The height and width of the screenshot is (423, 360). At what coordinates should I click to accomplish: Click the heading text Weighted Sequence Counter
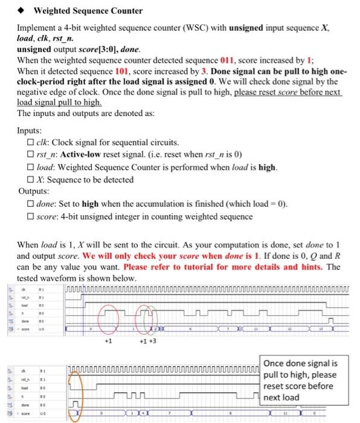pyautogui.click(x=88, y=11)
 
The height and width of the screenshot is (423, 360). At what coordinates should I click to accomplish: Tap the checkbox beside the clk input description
pyautogui.click(x=30, y=143)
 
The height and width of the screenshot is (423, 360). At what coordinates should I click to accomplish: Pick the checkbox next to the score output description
pyautogui.click(x=30, y=216)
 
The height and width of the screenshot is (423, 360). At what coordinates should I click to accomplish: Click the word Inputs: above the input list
pyautogui.click(x=30, y=131)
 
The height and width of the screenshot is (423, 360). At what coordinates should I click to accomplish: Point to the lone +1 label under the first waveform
pyautogui.click(x=108, y=341)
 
